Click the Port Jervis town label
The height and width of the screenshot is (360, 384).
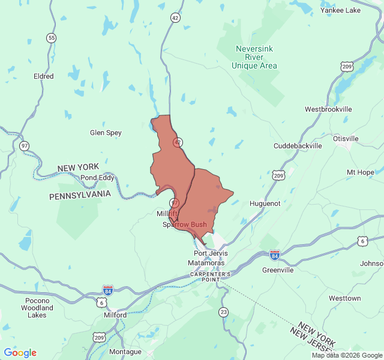click(211, 253)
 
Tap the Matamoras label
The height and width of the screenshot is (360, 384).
click(210, 263)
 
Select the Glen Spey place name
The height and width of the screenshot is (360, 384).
click(106, 133)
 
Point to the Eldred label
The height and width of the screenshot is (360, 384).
click(44, 76)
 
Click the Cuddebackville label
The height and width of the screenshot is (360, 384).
click(298, 146)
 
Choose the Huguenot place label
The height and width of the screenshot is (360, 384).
click(265, 203)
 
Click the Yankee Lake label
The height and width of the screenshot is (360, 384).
click(340, 10)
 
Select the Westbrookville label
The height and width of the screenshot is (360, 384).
click(328, 109)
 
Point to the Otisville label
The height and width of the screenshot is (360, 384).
click(346, 139)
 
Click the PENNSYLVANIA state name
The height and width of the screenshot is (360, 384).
click(80, 195)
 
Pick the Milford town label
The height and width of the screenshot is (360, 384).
click(115, 315)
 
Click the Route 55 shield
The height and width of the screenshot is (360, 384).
click(52, 38)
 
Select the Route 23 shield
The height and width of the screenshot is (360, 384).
click(224, 311)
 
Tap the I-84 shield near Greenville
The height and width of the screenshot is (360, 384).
click(275, 255)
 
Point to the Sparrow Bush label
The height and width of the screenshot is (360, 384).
click(184, 224)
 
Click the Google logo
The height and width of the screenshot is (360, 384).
click(20, 353)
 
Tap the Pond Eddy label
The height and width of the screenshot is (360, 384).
click(97, 178)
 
